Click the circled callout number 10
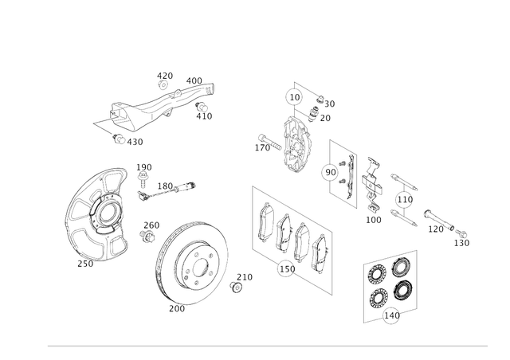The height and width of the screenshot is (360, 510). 294,97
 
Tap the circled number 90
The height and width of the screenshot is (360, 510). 331,172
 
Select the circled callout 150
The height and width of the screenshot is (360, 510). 287,269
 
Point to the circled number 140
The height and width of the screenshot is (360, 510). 391,315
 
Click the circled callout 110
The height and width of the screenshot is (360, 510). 405,199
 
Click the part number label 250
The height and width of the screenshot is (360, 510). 85,264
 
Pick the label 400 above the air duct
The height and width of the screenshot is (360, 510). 194,80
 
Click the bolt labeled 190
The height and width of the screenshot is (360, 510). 142,180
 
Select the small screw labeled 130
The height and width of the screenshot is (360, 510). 461,233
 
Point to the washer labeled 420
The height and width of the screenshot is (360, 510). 163,85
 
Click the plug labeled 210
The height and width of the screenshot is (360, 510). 236,288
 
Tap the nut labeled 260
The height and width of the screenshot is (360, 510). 147,235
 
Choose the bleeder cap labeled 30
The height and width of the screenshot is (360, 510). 320,99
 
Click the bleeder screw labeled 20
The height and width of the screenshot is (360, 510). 313,114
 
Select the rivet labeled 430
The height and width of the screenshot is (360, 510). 119,139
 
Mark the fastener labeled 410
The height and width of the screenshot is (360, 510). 202,107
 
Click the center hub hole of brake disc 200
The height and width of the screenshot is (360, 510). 200,268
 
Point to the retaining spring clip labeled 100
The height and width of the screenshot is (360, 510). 372,185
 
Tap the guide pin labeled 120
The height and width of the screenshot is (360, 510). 439,221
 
